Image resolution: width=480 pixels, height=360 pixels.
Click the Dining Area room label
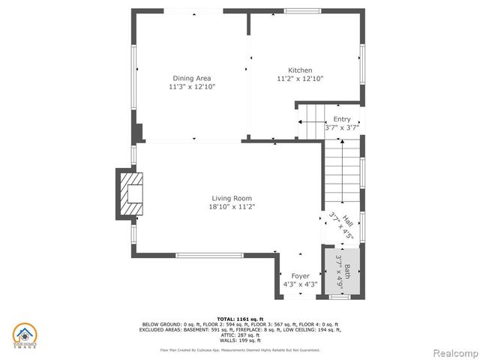click(192, 78)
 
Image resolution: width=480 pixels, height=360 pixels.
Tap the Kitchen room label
click(300, 70)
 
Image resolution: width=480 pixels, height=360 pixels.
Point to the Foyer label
click(300, 275)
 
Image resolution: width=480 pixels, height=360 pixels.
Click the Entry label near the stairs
click(342, 119)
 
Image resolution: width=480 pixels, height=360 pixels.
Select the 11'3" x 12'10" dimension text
click(192, 87)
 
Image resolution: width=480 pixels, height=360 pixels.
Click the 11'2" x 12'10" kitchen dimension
click(300, 79)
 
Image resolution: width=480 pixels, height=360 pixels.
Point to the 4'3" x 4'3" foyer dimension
click(300, 284)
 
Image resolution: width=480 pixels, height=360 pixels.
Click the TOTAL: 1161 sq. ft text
click(240, 319)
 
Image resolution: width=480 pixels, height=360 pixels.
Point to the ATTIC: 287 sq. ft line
click(240, 334)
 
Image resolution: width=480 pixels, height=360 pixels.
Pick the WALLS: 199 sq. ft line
click(240, 340)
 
